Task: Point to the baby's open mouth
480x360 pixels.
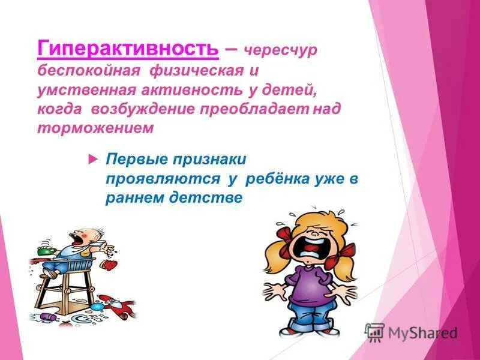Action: tap(76, 239)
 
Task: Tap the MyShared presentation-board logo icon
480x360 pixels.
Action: tap(374, 332)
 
